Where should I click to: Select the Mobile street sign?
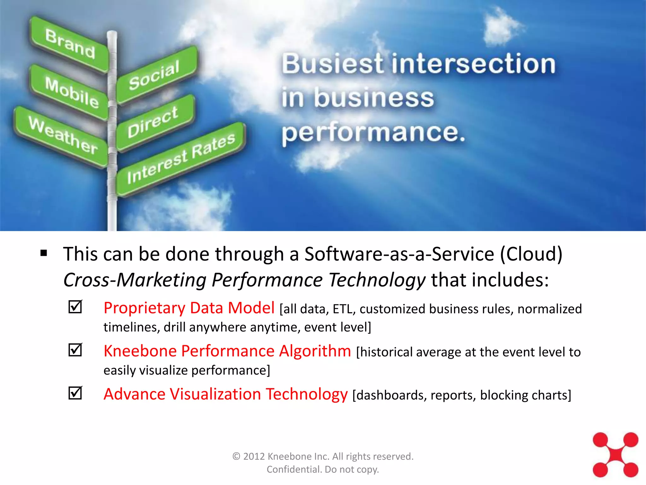[71, 93]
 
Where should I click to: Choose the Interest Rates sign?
[181, 159]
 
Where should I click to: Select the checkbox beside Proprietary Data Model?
[75, 307]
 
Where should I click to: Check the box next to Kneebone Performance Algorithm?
[75, 350]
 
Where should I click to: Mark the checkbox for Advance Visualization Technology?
[75, 393]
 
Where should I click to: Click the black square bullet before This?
[44, 253]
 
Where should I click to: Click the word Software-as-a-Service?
[399, 254]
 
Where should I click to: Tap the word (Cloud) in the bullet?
[531, 254]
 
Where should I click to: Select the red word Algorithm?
[315, 351]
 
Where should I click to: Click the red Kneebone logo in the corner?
[615, 455]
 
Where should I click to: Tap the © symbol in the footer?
[236, 457]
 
